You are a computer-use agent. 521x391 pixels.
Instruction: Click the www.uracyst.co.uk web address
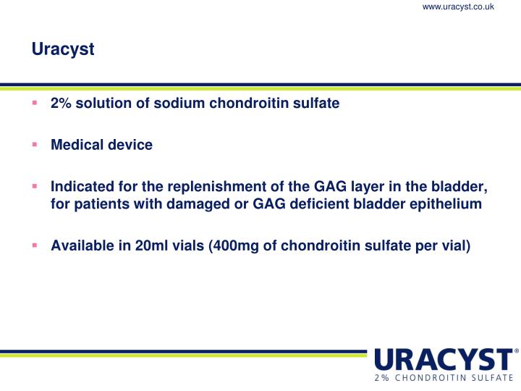pos(458,7)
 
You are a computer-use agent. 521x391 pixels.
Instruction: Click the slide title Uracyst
pos(63,50)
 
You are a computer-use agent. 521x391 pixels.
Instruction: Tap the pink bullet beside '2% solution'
pos(34,103)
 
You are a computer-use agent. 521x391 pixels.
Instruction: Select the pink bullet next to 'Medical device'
pos(34,144)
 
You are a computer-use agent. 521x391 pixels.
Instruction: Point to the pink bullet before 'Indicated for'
pos(34,187)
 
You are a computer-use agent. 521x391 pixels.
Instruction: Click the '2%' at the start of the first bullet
pos(60,103)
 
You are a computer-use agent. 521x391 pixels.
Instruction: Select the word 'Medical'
pos(75,145)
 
